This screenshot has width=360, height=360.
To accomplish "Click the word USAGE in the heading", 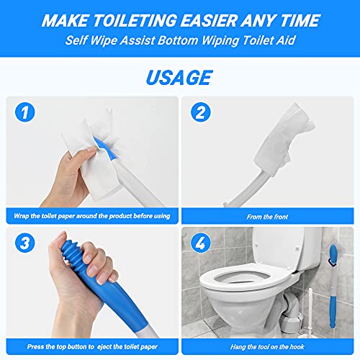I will (180, 76).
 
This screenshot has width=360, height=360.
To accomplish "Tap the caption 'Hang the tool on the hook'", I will (268, 346).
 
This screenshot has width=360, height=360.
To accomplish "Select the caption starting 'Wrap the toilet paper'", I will (91, 215).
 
